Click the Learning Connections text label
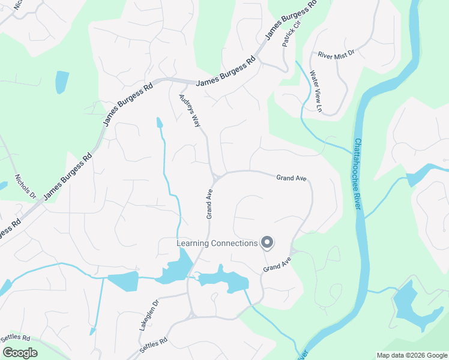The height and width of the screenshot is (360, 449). (x=217, y=243)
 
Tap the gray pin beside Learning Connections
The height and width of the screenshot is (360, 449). (x=268, y=242)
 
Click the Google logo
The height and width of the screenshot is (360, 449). (x=20, y=352)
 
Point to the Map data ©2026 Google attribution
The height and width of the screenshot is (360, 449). (x=411, y=355)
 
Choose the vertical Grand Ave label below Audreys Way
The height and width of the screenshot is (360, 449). (x=210, y=204)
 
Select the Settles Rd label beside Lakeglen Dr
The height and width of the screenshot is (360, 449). (x=153, y=344)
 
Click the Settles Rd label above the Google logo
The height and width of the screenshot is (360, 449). (x=15, y=338)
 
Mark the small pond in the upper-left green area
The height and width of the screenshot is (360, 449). (x=61, y=82)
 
